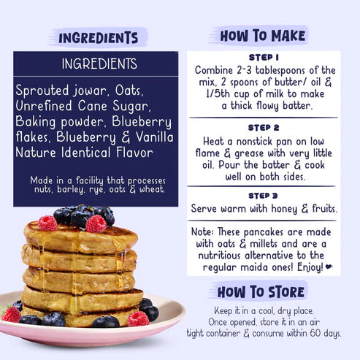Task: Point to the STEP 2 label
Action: [264, 126]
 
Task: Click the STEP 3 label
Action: [264, 196]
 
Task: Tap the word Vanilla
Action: [148, 138]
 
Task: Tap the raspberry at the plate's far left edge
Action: [10, 313]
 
